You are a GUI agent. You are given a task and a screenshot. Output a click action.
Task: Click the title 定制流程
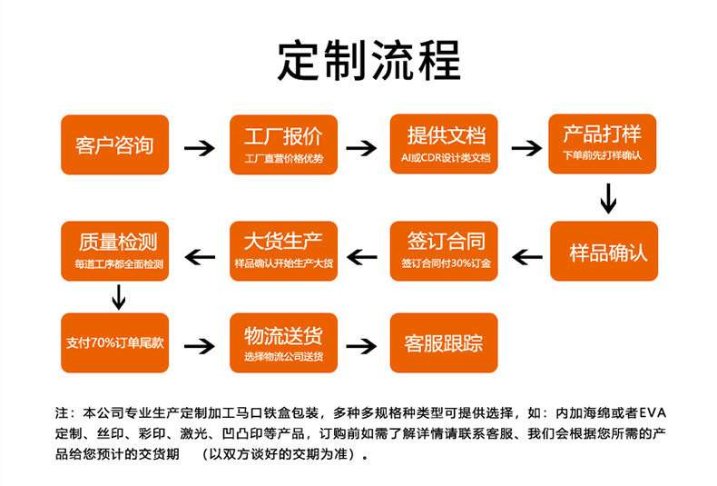(368, 60)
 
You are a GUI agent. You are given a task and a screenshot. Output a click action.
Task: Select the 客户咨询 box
(114, 144)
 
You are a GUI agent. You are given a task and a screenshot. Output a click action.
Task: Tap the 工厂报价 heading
(283, 136)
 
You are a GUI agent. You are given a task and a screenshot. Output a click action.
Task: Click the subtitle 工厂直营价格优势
(283, 158)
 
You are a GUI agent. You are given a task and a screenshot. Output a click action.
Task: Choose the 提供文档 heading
(446, 135)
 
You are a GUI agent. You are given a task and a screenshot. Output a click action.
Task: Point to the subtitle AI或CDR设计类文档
(446, 158)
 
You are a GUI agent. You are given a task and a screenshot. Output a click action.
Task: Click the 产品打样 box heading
(603, 134)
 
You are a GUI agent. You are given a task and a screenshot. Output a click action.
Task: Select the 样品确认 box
(604, 252)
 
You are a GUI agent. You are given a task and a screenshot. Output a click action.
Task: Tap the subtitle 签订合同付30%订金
(446, 263)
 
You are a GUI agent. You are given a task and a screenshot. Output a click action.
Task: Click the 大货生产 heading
(283, 241)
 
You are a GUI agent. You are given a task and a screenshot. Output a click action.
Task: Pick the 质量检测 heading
(117, 242)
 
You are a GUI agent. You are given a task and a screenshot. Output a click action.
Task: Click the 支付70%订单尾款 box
(114, 342)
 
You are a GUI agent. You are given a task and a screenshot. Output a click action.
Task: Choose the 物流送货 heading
(283, 335)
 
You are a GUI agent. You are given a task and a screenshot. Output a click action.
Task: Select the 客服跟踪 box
(444, 342)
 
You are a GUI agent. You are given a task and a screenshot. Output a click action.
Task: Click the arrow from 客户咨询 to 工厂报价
(200, 148)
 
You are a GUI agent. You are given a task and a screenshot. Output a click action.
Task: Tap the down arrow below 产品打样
(608, 199)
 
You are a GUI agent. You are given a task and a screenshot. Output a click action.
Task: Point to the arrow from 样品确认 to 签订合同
(527, 257)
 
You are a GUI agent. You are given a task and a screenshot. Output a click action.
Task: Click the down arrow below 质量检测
(119, 297)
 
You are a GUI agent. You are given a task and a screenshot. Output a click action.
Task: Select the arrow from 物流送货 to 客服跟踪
(361, 345)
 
